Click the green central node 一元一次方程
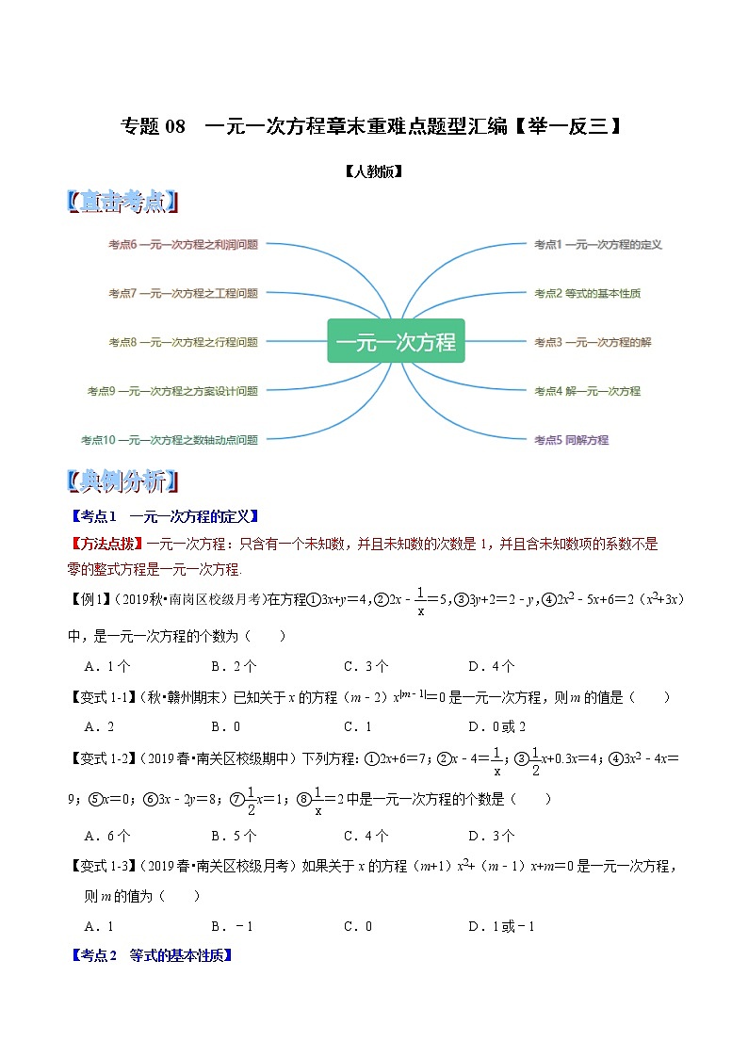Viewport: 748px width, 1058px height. pyautogui.click(x=396, y=341)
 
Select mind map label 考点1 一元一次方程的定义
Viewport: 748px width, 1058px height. pyautogui.click(x=598, y=244)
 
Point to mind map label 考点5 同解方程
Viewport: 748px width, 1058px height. pyautogui.click(x=571, y=440)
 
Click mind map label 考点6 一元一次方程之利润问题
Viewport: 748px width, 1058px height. pyautogui.click(x=183, y=244)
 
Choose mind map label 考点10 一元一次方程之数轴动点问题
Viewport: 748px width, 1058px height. pyautogui.click(x=170, y=440)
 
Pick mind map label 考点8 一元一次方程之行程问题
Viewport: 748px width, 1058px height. pyautogui.click(x=183, y=342)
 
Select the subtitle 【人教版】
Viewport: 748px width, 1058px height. pyautogui.click(x=374, y=171)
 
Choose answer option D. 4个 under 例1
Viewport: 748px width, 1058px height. pyautogui.click(x=491, y=666)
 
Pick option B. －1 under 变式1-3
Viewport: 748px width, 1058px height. pyautogui.click(x=232, y=926)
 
